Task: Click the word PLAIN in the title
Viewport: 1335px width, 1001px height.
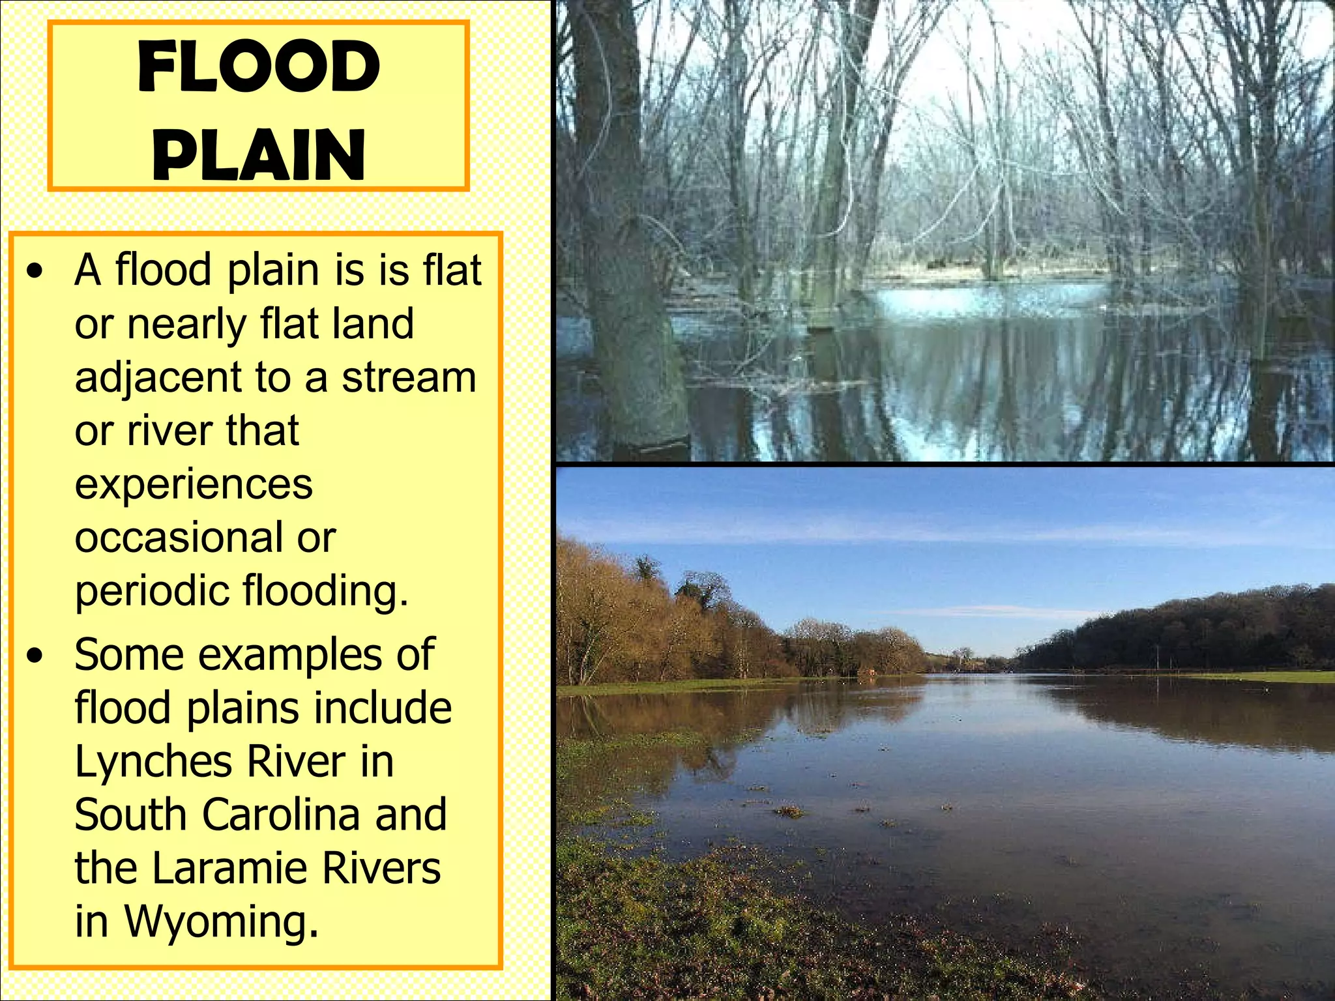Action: pyautogui.click(x=259, y=154)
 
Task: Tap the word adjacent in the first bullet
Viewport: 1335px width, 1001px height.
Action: pyautogui.click(x=158, y=379)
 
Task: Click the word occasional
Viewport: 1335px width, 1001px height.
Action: pyautogui.click(x=179, y=538)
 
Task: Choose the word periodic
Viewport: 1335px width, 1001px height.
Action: pyautogui.click(x=152, y=592)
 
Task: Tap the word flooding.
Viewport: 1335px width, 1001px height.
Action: pyautogui.click(x=325, y=592)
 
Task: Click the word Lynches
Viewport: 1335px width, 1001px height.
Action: pyautogui.click(x=154, y=762)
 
